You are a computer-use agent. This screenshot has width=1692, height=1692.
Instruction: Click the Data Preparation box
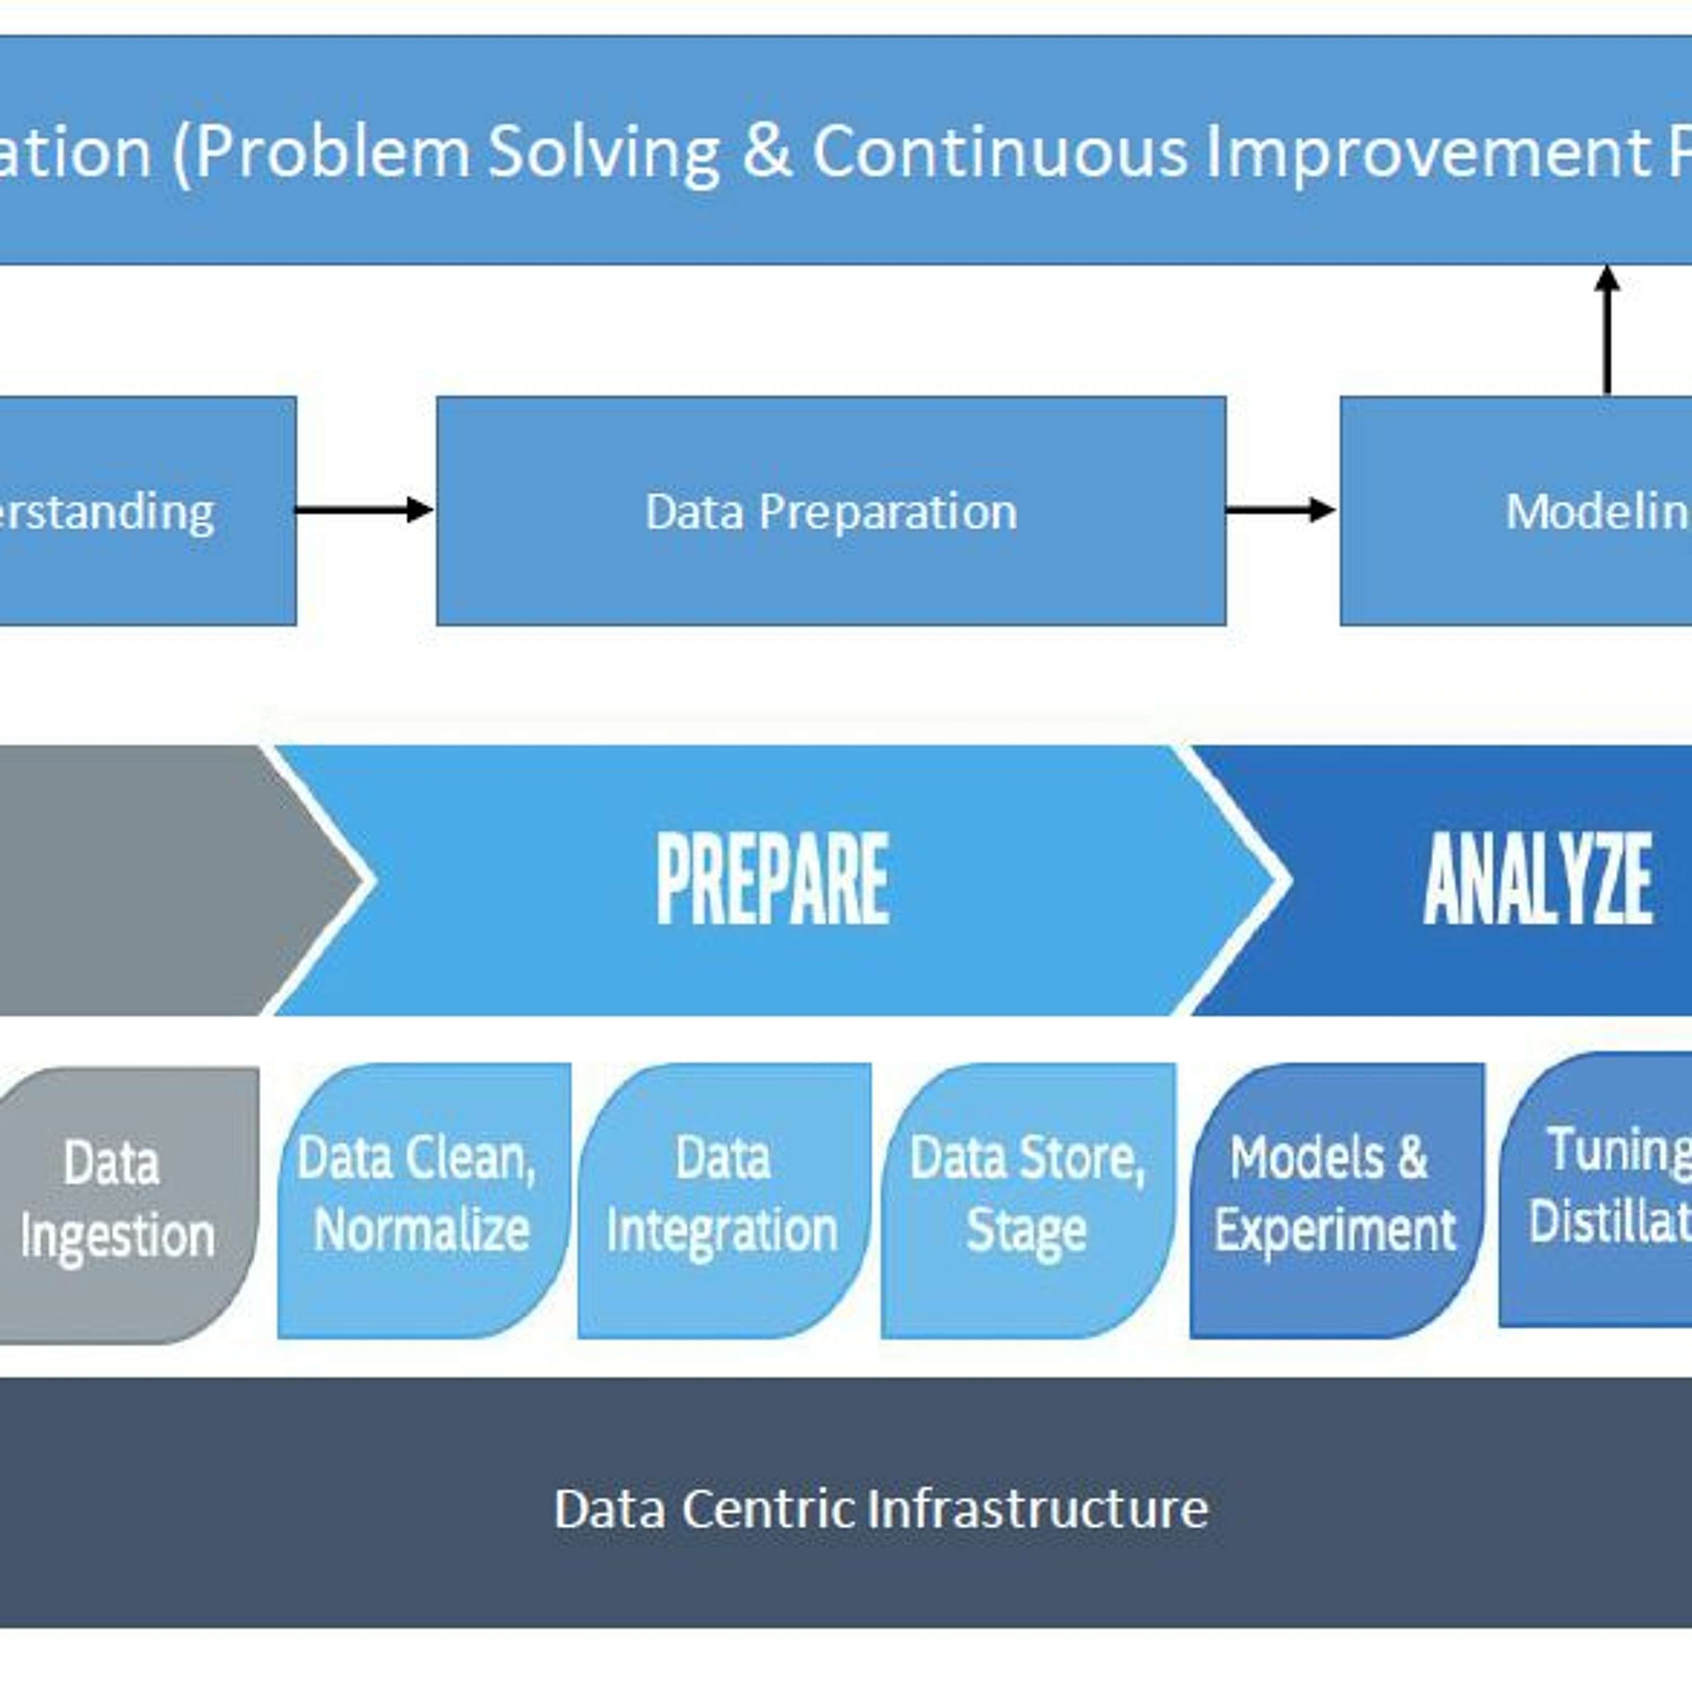[x=830, y=510]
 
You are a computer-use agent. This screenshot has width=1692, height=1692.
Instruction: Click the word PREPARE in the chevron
[x=773, y=878]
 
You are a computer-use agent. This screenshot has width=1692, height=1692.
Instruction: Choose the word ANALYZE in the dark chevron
[x=1538, y=878]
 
